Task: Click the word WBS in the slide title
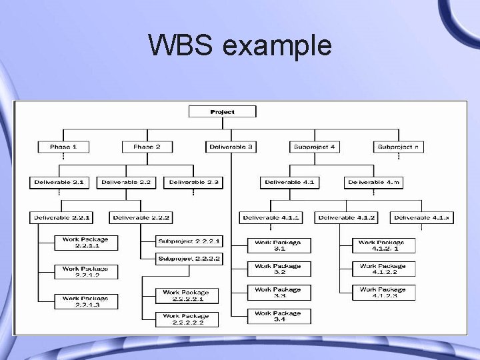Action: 181,46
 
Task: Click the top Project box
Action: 222,112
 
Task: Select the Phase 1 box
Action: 63,146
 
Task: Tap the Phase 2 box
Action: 147,146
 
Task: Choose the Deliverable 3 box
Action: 231,146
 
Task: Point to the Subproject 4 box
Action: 314,146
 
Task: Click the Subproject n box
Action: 398,146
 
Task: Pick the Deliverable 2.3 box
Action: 194,181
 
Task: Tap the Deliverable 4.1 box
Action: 291,181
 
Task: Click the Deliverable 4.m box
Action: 375,181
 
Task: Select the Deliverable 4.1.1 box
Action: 271,217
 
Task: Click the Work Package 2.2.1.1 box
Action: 85,243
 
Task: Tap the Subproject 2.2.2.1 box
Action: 189,241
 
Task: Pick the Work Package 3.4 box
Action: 278,316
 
